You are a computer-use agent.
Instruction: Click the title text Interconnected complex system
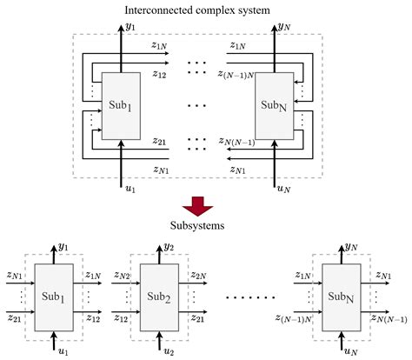(x=206, y=10)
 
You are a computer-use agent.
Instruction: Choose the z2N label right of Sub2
(x=197, y=277)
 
